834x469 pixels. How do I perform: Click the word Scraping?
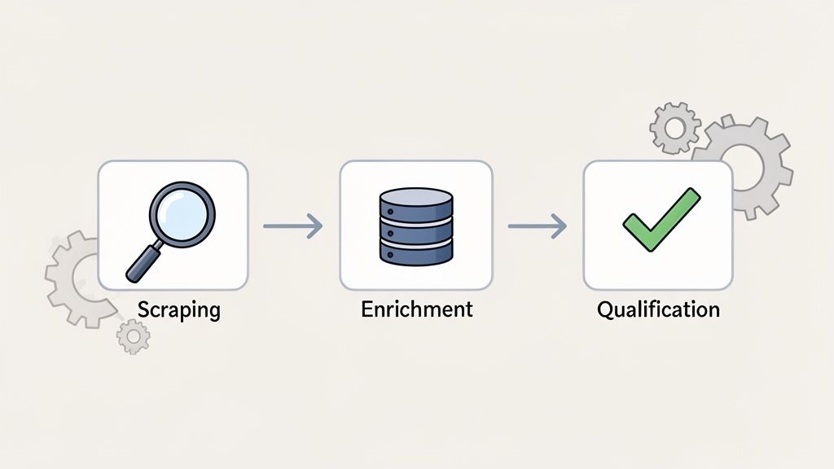click(x=178, y=310)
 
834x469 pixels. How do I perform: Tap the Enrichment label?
click(x=416, y=309)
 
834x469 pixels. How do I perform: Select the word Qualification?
click(x=658, y=309)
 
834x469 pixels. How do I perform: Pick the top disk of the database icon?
click(x=416, y=199)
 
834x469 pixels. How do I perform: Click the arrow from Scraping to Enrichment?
click(x=292, y=226)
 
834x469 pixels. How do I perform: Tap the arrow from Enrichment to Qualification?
click(x=537, y=226)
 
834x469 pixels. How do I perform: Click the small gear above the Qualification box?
click(x=675, y=128)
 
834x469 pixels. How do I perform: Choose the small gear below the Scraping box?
click(x=133, y=335)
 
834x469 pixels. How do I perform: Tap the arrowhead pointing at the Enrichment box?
click(x=315, y=226)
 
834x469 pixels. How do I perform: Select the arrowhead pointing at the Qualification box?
click(x=560, y=226)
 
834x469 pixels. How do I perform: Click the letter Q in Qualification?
click(x=604, y=310)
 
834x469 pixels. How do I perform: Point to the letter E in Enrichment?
click(x=367, y=309)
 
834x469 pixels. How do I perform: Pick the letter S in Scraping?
click(x=143, y=310)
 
